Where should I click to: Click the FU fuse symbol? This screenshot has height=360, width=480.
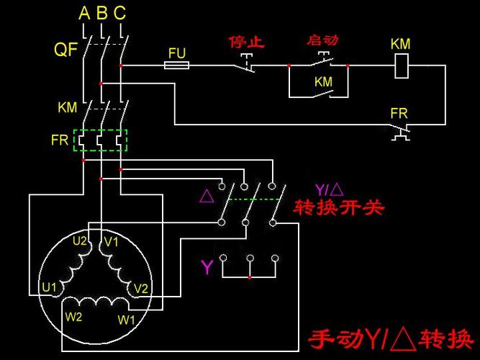(x=176, y=66)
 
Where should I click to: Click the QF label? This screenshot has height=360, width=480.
(x=65, y=50)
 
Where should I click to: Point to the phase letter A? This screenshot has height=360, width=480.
(x=84, y=13)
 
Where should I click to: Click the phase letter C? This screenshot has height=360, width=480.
(x=119, y=13)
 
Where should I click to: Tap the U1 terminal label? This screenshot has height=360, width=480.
(x=49, y=287)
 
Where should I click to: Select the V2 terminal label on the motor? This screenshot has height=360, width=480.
(x=141, y=289)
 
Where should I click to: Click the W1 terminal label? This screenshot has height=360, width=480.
(x=126, y=320)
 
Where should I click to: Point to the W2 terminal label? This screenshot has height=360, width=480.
(x=73, y=317)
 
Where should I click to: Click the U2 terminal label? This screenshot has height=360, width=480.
(x=80, y=241)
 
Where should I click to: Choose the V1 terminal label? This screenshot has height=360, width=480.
(x=111, y=242)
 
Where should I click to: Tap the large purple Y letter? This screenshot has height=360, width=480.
(x=207, y=267)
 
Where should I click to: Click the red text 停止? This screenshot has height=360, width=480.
(x=247, y=42)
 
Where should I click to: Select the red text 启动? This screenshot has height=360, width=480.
(x=322, y=40)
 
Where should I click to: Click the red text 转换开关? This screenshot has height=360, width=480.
(x=338, y=208)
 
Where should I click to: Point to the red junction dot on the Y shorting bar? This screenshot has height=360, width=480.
(x=250, y=278)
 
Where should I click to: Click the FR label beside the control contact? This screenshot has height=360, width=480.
(x=399, y=114)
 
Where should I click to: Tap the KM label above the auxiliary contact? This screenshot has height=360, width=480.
(x=324, y=82)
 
